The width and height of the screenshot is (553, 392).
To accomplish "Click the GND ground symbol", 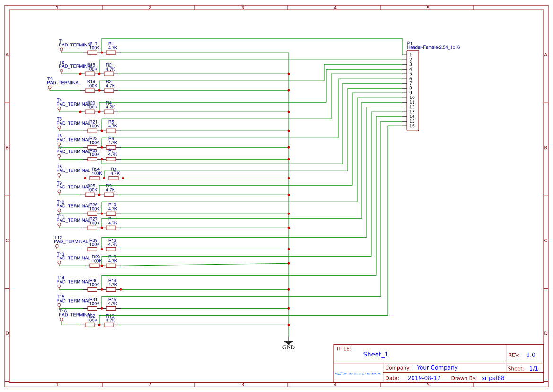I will [x=288, y=342].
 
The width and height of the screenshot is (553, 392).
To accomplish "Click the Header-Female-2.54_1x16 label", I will [x=433, y=47].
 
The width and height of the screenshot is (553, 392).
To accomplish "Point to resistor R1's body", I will [x=111, y=53].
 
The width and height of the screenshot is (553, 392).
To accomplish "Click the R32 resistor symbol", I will [x=90, y=325].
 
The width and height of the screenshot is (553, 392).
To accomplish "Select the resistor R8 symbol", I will [x=114, y=178].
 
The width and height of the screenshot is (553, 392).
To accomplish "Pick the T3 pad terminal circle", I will [x=50, y=88].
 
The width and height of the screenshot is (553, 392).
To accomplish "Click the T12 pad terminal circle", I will [x=57, y=246].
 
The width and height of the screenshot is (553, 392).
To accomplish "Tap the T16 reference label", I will [x=62, y=311].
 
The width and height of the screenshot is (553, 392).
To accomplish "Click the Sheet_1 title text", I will [x=376, y=354].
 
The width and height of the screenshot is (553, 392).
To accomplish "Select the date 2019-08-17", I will [x=424, y=378].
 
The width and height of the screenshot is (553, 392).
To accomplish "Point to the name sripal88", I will [x=493, y=378].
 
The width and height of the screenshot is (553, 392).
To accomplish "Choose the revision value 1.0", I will [x=531, y=355].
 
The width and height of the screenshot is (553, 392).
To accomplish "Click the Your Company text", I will [x=437, y=368].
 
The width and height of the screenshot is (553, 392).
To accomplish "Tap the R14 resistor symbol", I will [x=111, y=289].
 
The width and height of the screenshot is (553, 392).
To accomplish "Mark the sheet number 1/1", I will [x=533, y=368].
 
